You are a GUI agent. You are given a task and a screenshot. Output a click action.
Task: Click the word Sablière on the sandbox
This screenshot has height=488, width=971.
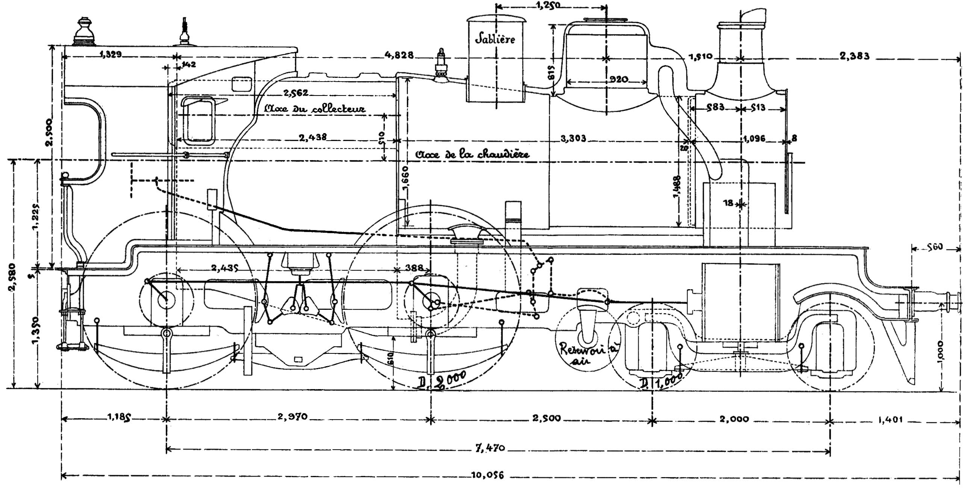click(495, 38)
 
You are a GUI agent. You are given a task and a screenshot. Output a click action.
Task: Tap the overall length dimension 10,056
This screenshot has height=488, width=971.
click(487, 475)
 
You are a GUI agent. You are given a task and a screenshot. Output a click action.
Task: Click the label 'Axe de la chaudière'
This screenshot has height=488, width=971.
click(472, 155)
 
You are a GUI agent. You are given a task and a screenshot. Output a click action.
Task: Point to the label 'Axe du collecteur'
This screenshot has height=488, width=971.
click(315, 109)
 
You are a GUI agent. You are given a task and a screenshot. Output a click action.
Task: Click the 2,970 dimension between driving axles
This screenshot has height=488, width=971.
click(293, 417)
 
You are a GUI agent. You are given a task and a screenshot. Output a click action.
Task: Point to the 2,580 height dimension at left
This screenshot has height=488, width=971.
click(13, 277)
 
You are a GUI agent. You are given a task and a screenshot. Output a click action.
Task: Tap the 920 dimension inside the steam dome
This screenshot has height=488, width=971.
click(618, 79)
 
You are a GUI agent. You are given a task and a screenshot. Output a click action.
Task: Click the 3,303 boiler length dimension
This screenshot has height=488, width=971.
click(573, 139)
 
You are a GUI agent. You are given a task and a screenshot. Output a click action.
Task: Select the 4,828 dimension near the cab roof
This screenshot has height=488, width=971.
click(399, 55)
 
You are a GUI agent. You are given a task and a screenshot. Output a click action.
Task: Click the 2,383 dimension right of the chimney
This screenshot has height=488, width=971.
click(854, 56)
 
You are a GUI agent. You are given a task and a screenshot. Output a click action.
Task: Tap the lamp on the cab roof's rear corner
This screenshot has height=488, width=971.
click(83, 31)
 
